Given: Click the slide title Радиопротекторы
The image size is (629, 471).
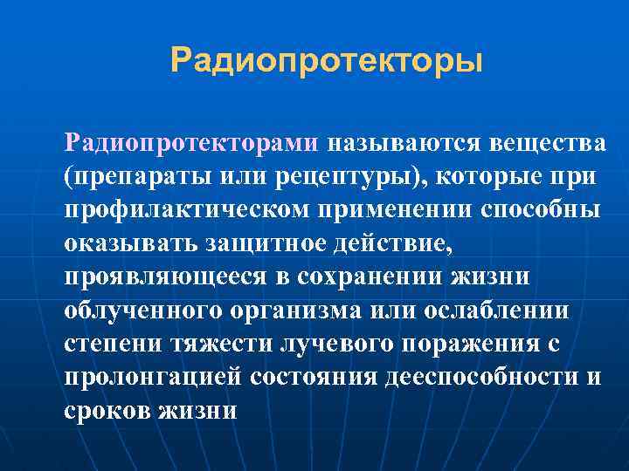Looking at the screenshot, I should [x=327, y=61].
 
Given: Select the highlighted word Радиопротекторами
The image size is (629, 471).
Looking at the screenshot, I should [x=193, y=142].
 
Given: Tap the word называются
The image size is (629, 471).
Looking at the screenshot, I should [x=403, y=142].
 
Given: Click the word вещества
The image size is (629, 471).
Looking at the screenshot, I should [x=547, y=142].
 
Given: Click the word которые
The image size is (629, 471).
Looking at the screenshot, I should [x=478, y=176].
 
